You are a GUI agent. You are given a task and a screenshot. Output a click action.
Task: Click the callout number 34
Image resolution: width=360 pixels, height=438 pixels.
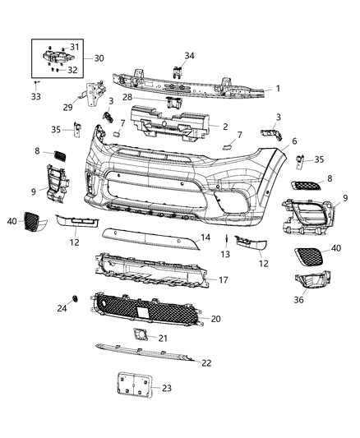191,56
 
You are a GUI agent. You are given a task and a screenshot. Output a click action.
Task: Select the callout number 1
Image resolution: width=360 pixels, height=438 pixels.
279,88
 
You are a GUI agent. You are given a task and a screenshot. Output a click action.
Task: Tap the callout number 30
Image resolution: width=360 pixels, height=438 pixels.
99,59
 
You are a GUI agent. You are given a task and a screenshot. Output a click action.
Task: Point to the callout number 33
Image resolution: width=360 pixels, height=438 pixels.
35,97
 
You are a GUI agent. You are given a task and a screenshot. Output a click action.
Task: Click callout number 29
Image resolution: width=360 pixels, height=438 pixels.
69,107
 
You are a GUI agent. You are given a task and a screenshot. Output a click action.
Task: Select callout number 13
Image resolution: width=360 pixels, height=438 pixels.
224,255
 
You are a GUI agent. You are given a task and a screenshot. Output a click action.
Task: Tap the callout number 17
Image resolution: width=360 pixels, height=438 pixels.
222,279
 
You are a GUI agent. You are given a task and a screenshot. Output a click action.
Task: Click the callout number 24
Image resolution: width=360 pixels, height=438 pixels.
61,309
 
